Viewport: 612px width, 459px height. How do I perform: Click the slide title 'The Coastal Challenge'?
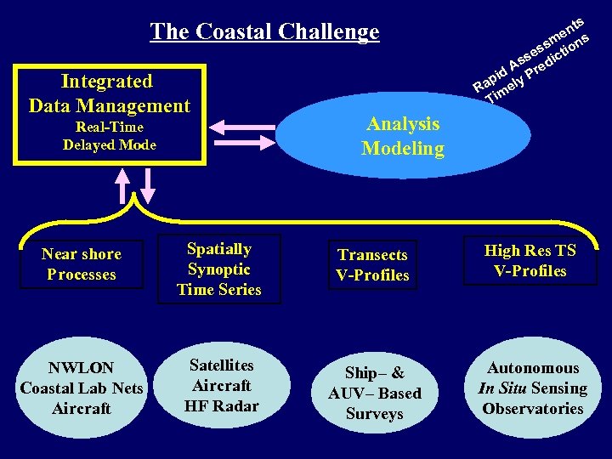click(x=264, y=32)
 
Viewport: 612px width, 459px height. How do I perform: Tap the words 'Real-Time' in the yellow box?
click(x=110, y=127)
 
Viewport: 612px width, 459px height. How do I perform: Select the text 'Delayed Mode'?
click(x=110, y=144)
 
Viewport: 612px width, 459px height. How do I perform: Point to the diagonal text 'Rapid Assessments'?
click(x=527, y=53)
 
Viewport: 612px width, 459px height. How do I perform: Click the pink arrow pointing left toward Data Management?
click(x=242, y=127)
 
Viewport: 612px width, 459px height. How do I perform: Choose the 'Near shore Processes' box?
click(x=82, y=264)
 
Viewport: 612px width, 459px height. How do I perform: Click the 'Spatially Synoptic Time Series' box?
click(x=218, y=269)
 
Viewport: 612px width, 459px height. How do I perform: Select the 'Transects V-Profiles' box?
click(x=372, y=265)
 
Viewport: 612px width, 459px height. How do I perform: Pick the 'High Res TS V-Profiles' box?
click(x=530, y=260)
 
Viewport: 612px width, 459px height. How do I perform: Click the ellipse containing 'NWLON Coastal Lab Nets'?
click(x=82, y=388)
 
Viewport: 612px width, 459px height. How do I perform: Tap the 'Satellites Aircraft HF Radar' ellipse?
click(x=221, y=385)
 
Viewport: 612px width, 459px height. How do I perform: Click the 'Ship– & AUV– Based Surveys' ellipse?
click(x=374, y=393)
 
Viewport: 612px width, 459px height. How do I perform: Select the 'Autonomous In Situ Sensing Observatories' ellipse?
click(x=533, y=388)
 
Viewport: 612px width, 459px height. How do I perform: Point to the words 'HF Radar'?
click(x=221, y=405)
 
